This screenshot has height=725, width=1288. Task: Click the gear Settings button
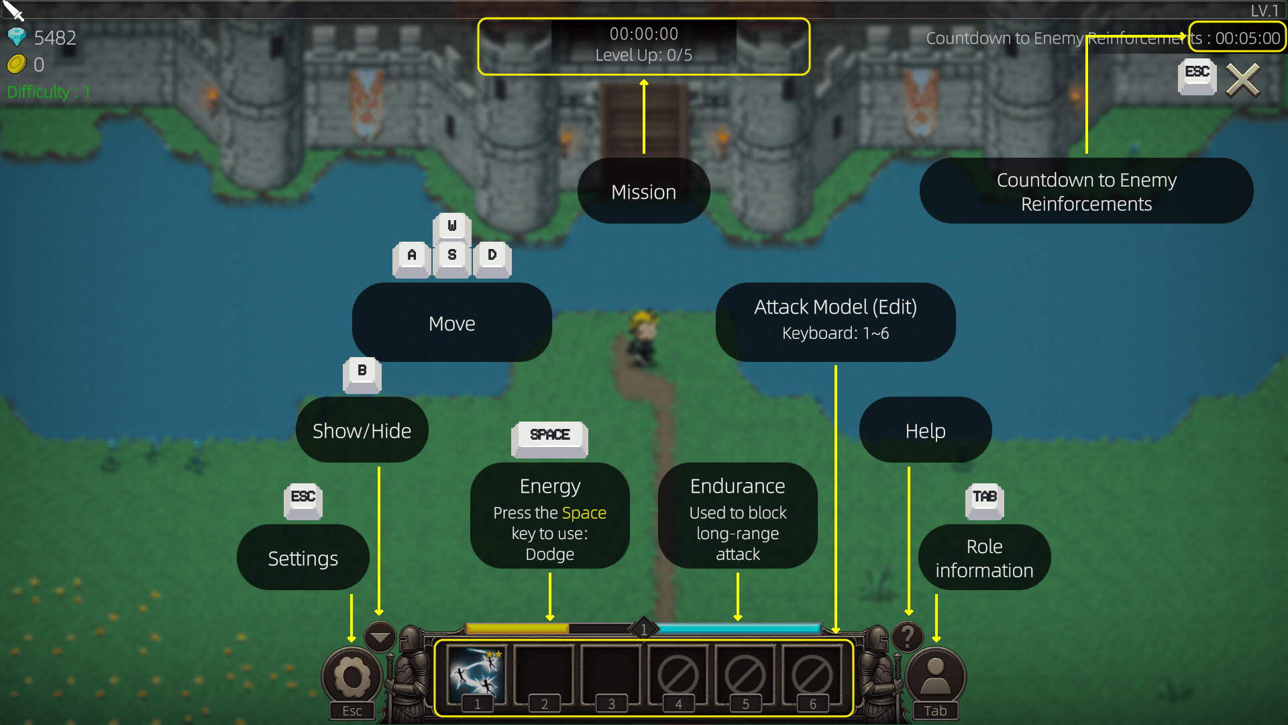(352, 677)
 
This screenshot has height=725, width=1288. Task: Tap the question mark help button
(908, 636)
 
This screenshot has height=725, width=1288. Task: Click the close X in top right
(1243, 81)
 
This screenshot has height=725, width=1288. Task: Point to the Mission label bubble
(644, 191)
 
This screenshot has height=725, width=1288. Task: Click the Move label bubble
(452, 323)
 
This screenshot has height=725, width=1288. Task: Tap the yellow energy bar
(517, 628)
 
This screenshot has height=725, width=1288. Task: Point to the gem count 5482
(55, 38)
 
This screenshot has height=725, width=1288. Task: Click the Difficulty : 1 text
(48, 92)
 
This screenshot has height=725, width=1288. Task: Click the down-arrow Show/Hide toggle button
(380, 636)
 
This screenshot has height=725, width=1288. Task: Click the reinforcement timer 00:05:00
(1248, 38)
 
